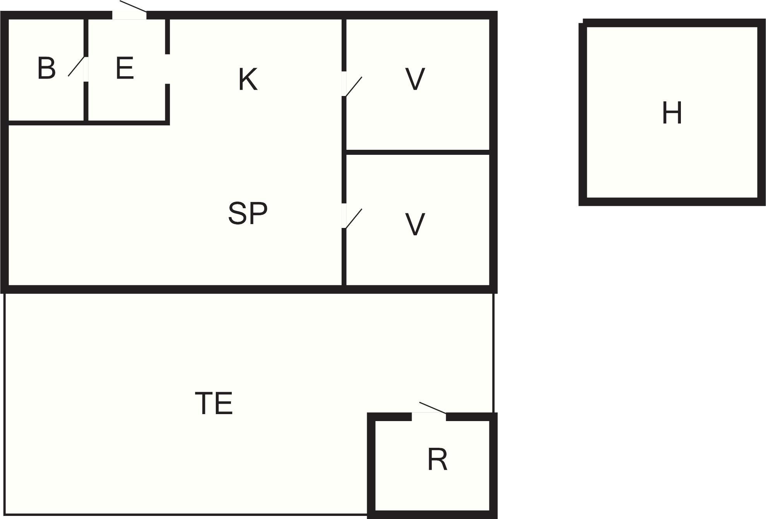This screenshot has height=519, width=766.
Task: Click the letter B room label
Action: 46,69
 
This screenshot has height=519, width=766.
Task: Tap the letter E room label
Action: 125,69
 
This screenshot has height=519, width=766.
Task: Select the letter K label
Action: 248,79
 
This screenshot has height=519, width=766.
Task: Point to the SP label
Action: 248,213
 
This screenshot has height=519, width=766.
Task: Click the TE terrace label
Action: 214,403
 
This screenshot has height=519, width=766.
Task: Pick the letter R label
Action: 437,459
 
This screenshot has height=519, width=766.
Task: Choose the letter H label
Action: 672,113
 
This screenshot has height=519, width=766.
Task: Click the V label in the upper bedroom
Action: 415,79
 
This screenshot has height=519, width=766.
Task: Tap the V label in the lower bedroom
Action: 415,224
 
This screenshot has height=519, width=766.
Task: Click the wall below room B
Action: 46,123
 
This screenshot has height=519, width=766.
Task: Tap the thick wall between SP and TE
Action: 249,289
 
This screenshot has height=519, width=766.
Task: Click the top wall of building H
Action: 674,23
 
